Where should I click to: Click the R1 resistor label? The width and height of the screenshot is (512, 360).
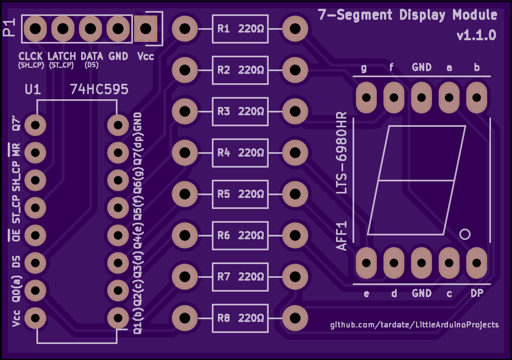tap(223, 29)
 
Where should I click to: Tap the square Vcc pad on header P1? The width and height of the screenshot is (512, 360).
tap(146, 29)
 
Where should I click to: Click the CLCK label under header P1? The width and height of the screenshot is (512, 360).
tap(31, 56)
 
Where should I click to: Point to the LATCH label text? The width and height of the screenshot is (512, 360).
tap(62, 56)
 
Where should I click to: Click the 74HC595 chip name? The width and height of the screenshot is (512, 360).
tap(99, 89)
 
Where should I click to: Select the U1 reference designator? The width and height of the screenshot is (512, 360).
tap(33, 89)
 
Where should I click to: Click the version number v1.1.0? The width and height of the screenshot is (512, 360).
tap(476, 35)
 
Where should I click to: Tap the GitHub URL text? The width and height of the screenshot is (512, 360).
tap(414, 325)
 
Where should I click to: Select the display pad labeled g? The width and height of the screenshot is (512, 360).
tap(366, 97)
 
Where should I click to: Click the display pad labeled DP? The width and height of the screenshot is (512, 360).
tap(476, 263)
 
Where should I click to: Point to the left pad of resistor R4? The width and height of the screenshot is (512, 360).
tap(185, 153)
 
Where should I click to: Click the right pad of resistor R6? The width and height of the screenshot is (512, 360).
tap(295, 235)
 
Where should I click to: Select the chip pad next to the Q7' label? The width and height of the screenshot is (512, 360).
tap(35, 125)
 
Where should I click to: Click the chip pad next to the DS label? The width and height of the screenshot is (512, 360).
tap(35, 263)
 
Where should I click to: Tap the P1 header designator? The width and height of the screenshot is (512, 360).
tap(9, 28)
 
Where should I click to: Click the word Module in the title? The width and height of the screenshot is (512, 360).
tap(475, 15)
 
